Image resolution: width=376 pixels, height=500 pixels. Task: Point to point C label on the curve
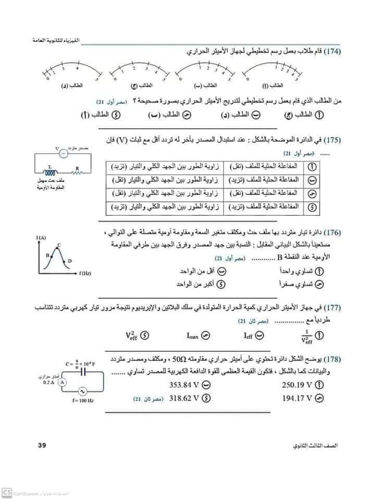coord(59,245)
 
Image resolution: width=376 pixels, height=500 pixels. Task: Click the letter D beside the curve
coord(70,260)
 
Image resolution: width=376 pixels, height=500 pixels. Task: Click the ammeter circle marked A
coord(61,382)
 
